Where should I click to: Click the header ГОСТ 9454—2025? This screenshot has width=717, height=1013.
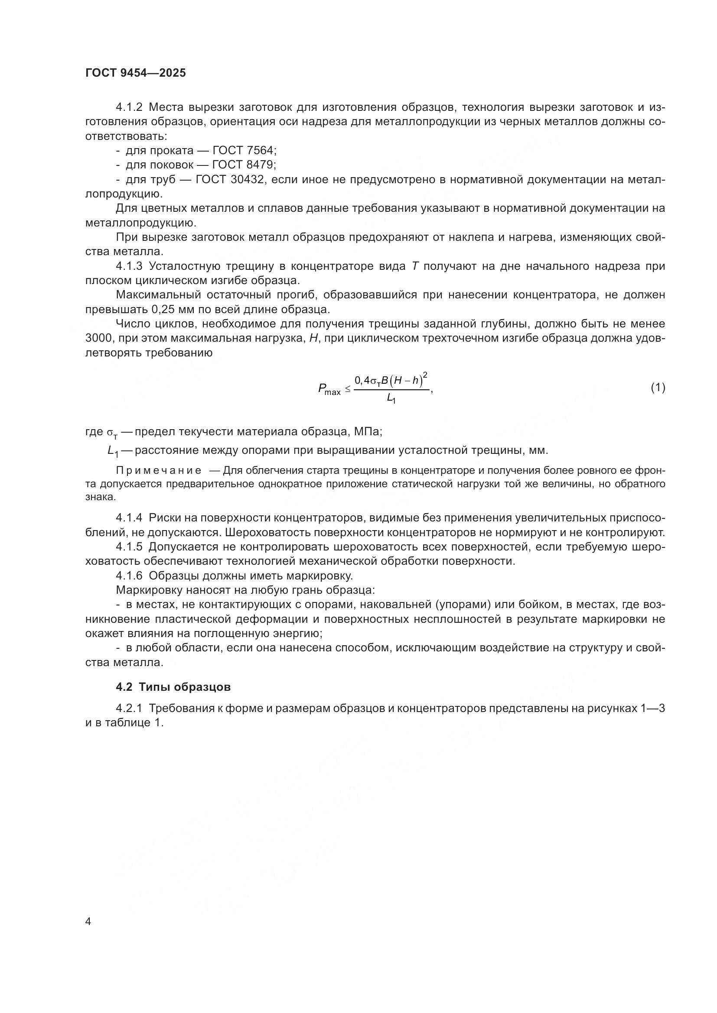point(136,73)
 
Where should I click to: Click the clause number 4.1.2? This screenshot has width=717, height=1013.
point(129,107)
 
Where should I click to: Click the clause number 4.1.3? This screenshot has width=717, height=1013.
point(129,266)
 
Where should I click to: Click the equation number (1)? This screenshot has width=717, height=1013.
point(658,387)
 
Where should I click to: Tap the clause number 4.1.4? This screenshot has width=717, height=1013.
point(129,518)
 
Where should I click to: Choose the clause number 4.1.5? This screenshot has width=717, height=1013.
point(129,547)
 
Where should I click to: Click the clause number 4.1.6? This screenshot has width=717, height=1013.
point(129,576)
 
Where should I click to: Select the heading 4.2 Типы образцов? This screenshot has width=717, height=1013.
point(173,687)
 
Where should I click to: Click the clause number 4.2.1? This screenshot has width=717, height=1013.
point(129,709)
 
